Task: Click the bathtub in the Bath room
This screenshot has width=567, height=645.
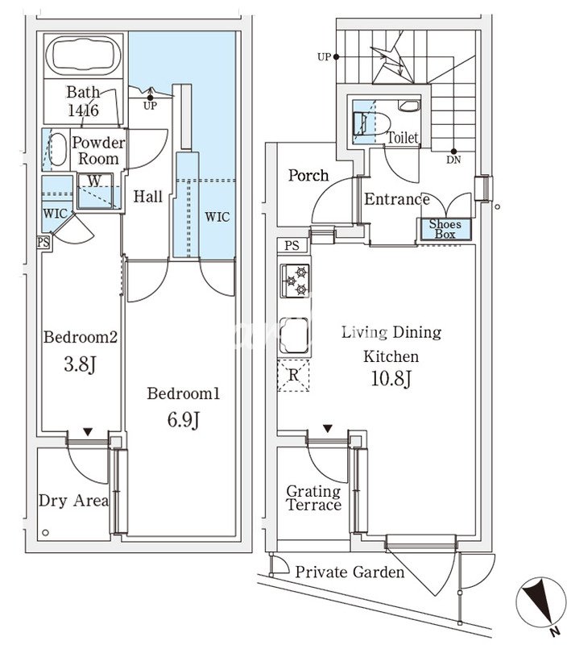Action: point(85,57)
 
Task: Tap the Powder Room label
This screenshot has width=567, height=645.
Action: point(99,151)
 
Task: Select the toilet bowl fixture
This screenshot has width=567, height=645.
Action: point(408,107)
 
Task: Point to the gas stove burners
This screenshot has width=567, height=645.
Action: point(296,280)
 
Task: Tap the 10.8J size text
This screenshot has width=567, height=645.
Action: point(391,378)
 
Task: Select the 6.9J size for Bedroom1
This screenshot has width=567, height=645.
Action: point(183,420)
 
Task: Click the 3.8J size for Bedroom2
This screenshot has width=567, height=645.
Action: point(81,364)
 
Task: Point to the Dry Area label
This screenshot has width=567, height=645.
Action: point(73,501)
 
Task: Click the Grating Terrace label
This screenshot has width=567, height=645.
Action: point(313,498)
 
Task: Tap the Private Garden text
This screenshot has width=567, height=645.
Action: point(350,572)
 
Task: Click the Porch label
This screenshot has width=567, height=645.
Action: point(308,175)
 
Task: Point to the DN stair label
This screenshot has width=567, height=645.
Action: point(453,159)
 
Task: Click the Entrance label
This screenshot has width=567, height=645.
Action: point(396,199)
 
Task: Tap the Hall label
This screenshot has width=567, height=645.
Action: point(148,196)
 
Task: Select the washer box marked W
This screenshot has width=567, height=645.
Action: point(95,181)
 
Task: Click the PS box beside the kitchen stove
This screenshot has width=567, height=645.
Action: point(292,245)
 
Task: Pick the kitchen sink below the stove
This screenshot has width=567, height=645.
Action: point(295,335)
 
